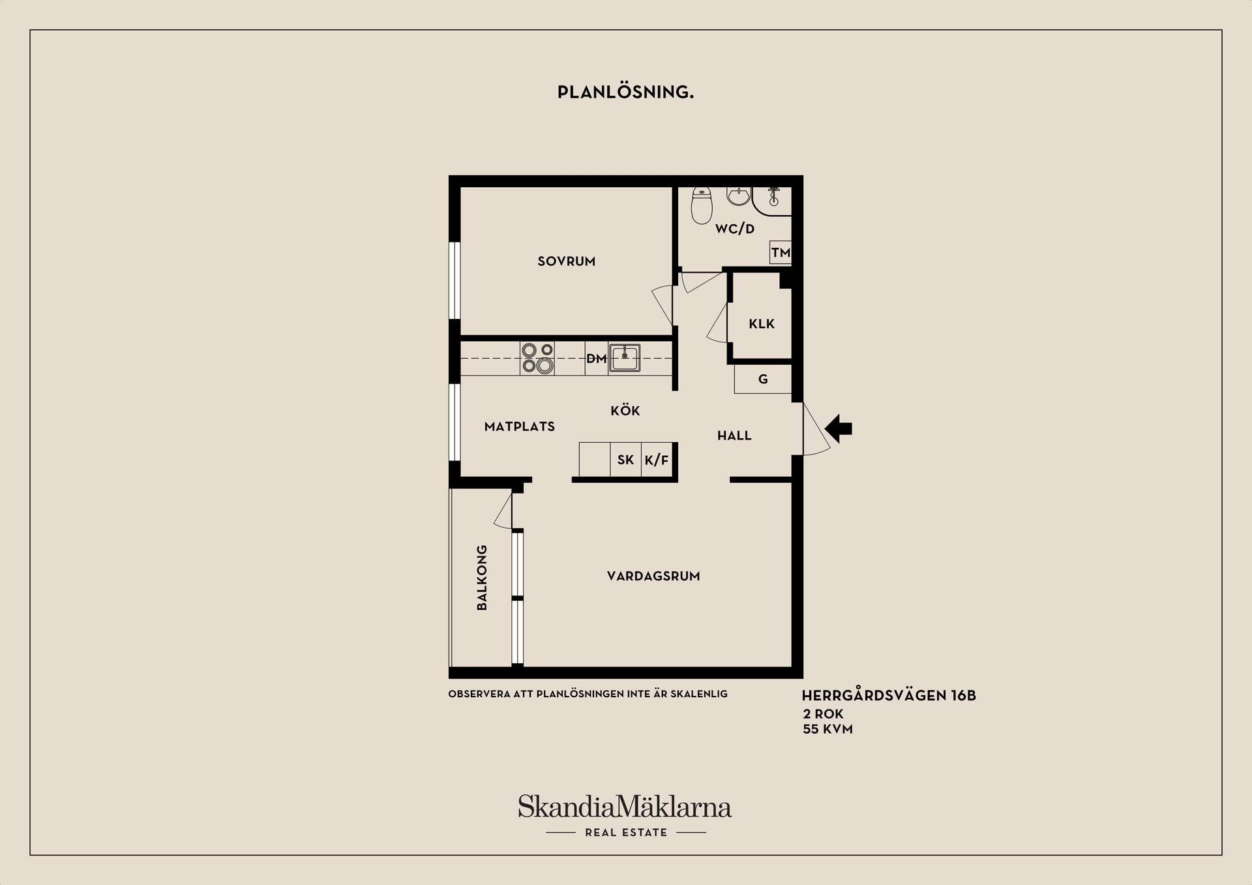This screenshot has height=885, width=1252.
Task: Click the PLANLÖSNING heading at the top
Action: coord(625,92)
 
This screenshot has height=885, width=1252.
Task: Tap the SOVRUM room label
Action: coord(566,262)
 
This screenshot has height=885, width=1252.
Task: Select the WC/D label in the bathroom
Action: coord(734,229)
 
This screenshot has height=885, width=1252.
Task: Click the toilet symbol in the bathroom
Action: coord(702,205)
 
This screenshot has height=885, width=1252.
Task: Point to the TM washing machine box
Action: coord(781,252)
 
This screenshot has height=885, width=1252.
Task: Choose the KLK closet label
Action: coord(762,323)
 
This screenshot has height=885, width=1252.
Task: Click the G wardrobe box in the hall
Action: coord(763,379)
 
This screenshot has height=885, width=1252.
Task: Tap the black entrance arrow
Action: coord(839,428)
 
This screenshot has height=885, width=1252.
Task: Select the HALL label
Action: coord(734,436)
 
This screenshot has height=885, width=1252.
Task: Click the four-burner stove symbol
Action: coord(537,358)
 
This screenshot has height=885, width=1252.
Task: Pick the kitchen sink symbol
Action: coord(625,358)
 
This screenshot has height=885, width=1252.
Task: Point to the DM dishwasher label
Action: coord(596,358)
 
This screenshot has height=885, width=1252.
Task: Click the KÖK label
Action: coord(625,410)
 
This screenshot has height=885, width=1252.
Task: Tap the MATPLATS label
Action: coord(520,427)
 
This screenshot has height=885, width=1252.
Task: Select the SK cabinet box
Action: coord(626,460)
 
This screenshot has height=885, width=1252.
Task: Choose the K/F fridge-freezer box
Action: coord(657,460)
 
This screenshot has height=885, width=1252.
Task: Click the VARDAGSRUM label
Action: coord(653,577)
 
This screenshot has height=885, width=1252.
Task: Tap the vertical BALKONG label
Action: coord(482,578)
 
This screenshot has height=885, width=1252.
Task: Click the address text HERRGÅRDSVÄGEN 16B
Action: coord(889,695)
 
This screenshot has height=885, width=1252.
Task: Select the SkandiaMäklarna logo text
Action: coord(625,807)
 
